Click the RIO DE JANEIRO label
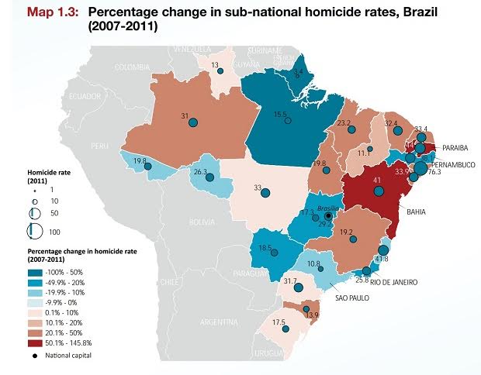(398, 281)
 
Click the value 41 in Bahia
(378, 180)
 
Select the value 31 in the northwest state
(185, 116)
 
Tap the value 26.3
(200, 171)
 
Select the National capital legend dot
(35, 354)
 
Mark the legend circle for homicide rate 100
(34, 231)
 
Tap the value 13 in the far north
(214, 64)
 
